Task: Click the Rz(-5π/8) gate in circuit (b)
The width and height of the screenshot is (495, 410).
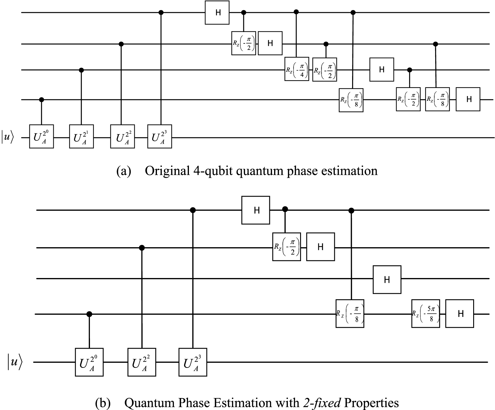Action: [x=425, y=314]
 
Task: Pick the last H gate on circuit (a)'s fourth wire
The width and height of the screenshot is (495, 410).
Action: [x=468, y=99]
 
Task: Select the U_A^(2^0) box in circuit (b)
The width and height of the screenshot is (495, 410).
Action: [x=89, y=362]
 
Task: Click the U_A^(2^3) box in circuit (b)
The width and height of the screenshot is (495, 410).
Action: [x=193, y=362]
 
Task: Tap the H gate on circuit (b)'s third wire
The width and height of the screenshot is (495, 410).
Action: [x=387, y=280]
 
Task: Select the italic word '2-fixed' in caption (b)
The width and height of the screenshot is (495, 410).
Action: [x=322, y=403]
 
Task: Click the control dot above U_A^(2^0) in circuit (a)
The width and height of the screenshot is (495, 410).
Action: [x=42, y=99]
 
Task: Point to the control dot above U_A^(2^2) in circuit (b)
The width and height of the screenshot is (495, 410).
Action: [x=142, y=247]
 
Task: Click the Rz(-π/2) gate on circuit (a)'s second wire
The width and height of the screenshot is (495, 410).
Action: [x=243, y=43]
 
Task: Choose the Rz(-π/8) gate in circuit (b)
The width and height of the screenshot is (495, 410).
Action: [x=350, y=313]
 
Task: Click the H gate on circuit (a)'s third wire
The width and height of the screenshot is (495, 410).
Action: [x=381, y=69]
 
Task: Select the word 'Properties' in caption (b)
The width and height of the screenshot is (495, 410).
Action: [x=371, y=403]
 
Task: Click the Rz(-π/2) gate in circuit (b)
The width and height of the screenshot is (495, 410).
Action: [x=286, y=247]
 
